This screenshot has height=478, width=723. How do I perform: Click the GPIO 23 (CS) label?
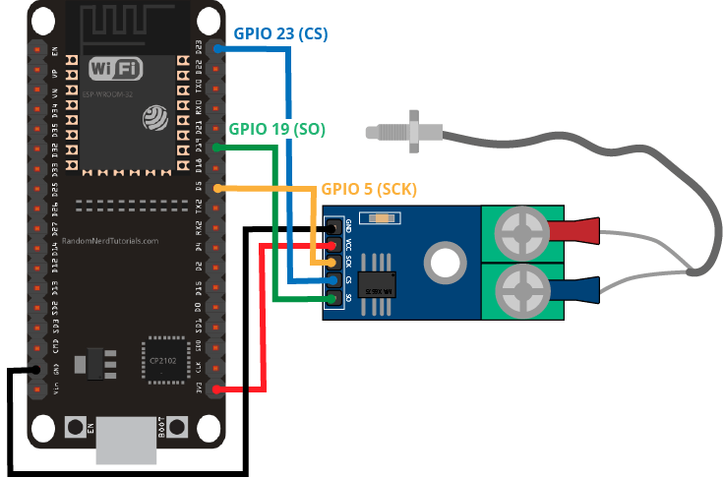280,33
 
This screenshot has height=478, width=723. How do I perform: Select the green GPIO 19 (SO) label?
276,129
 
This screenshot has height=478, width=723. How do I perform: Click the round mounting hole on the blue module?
444,262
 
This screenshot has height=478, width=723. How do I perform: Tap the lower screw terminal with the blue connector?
520,292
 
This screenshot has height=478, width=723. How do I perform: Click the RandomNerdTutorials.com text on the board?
109,239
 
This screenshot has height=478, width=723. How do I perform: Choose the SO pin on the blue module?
336,298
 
